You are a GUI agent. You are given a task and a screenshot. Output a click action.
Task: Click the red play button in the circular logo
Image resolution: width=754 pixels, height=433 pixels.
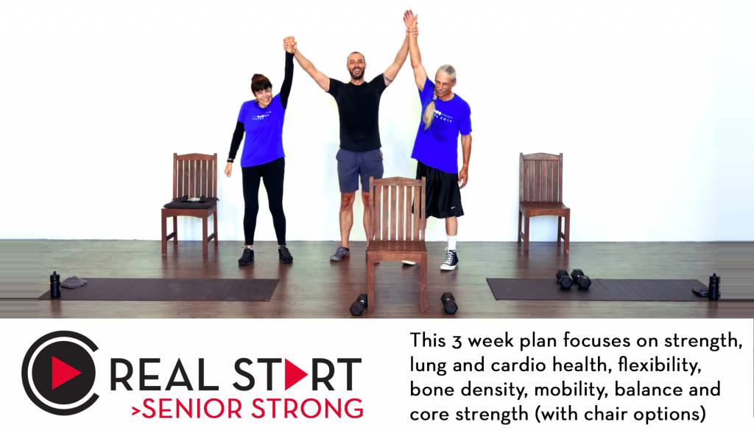click(65, 373)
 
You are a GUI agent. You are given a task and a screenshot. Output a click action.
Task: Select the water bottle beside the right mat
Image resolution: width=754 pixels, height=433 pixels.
click(713, 287)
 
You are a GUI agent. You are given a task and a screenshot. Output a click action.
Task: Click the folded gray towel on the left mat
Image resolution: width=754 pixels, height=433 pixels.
click(73, 282)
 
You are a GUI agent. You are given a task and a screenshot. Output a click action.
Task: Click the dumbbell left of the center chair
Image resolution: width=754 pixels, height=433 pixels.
click(358, 304)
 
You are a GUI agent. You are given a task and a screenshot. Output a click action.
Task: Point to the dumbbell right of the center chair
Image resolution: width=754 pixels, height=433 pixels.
click(448, 302)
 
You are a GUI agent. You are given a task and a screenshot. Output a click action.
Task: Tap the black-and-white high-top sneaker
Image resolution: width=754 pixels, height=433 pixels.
click(449, 259)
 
